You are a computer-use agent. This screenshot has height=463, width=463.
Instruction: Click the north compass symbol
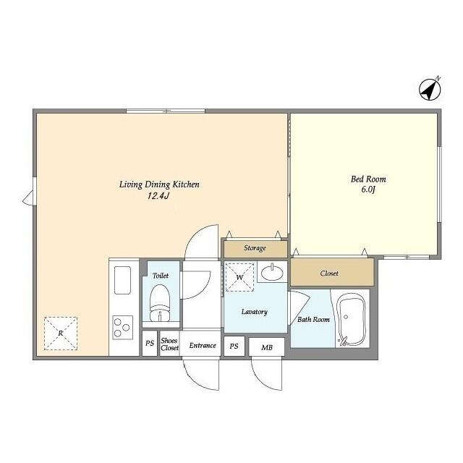click(x=430, y=89)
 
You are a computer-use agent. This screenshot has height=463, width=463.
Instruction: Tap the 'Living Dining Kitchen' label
click(x=159, y=184)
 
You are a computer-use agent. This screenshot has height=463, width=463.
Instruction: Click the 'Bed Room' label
click(x=368, y=179)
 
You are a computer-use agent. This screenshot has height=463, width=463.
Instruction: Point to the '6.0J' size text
click(x=368, y=190)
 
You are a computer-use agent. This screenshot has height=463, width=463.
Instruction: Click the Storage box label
click(x=255, y=248)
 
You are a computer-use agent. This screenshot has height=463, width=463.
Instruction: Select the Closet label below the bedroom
click(x=329, y=273)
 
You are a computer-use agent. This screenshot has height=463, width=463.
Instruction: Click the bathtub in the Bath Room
click(x=353, y=319)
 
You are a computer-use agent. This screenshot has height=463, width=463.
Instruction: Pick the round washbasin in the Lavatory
click(x=272, y=273)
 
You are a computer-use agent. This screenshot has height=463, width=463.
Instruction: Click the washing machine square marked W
click(x=239, y=276)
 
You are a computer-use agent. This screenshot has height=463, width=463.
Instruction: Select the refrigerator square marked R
click(x=61, y=333)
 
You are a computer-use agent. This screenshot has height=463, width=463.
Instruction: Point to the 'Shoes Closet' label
click(x=169, y=345)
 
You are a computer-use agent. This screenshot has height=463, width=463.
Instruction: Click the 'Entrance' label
click(x=203, y=345)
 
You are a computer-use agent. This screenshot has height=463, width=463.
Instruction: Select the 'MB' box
click(x=267, y=347)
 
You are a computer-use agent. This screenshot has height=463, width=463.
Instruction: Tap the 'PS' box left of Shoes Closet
click(x=150, y=345)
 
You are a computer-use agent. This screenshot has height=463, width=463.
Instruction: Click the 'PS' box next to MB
click(x=234, y=346)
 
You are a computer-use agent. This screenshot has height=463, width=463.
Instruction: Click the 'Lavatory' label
click(x=255, y=312)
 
